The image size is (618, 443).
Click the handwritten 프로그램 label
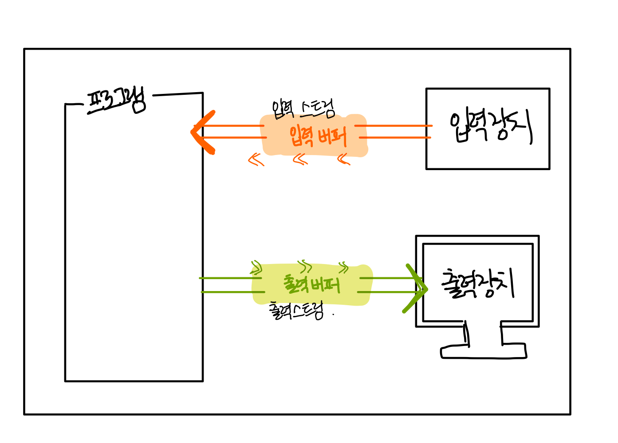tap(117, 101)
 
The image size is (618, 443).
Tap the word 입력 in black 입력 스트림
tap(283, 109)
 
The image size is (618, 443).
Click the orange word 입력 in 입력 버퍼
tap(302, 136)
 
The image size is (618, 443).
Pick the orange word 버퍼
tap(332, 136)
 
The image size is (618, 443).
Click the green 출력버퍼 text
tap(311, 284)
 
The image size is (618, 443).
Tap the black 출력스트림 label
tap(296, 311)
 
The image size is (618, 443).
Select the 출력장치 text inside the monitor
tap(477, 284)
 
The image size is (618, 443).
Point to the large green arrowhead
tap(415, 289)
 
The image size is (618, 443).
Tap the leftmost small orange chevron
tap(256, 159)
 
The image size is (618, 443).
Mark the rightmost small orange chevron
tap(344, 159)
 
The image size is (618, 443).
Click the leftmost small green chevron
tap(256, 267)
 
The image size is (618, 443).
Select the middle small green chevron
tap(305, 266)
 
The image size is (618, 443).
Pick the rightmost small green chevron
tap(343, 267)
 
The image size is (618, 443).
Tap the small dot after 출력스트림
tap(333, 315)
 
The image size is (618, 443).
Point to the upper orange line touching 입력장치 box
tap(393, 126)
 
